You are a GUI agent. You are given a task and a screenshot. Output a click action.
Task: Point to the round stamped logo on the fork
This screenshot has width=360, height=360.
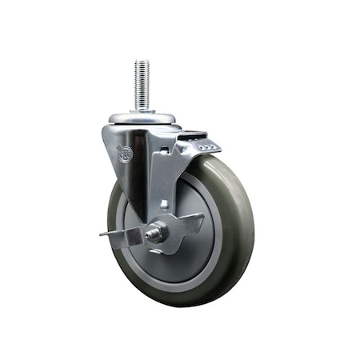click(125, 154)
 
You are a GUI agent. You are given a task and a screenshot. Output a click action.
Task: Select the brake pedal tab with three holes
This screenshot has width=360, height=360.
click(207, 146)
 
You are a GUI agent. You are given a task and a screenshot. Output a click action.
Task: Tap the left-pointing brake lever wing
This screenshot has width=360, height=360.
click(118, 235)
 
